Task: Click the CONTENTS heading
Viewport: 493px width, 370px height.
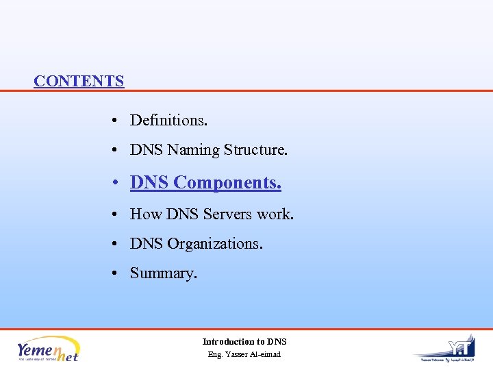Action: pos(79,81)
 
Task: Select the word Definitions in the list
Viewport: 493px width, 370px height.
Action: pos(168,121)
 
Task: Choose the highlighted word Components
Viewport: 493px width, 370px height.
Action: pos(227,183)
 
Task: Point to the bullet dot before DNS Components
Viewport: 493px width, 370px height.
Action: pos(118,183)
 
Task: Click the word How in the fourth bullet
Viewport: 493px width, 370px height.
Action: pos(145,214)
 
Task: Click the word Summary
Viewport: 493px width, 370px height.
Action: pos(163,273)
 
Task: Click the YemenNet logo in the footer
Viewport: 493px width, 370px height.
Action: pos(48,349)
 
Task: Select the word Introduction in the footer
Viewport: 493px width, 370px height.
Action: pos(229,341)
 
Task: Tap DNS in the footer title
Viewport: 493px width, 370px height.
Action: pos(277,341)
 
